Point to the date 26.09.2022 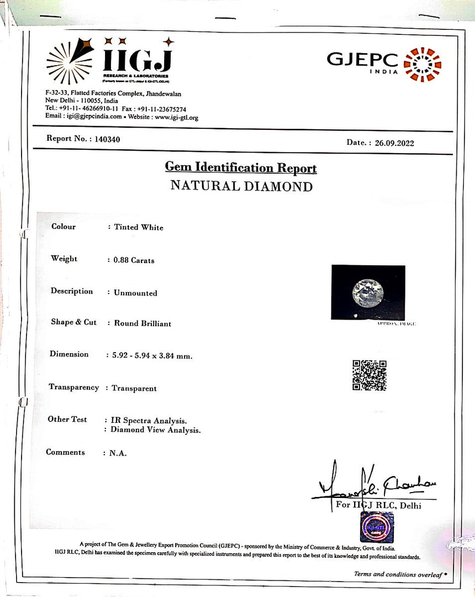(x=394, y=143)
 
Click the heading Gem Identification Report (x=241, y=167)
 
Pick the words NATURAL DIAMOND (x=241, y=186)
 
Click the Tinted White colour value (x=139, y=227)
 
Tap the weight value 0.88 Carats (x=134, y=260)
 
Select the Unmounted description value (x=135, y=293)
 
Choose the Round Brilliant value (x=142, y=323)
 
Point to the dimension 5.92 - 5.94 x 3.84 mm (x=149, y=356)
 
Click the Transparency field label (x=74, y=387)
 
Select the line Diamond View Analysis (x=156, y=430)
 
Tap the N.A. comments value (x=118, y=453)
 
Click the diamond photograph (x=368, y=292)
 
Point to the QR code (x=369, y=375)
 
